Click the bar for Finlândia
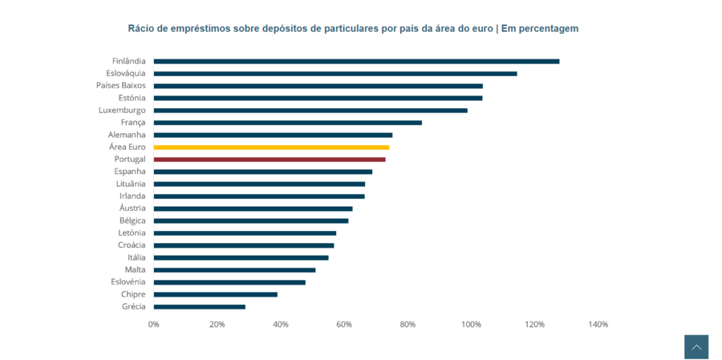pos(356,61)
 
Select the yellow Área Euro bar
pos(271,148)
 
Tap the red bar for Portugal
pos(270,160)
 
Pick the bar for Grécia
pos(200,307)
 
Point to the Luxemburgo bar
pos(310,111)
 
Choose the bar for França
pos(287,123)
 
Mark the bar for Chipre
pos(216,294)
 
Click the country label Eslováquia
pos(126,73)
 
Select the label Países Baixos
pos(121,86)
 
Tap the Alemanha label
pos(127,135)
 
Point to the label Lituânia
pos(131,184)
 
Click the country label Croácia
pos(132,245)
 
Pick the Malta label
pos(136,269)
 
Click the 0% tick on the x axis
pos(154,325)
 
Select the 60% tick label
pos(344,325)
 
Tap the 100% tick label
pos(471,325)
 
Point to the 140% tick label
pos(598,325)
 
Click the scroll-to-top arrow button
pos(696,347)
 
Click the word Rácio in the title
pos(142,29)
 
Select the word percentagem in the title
pos(548,29)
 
